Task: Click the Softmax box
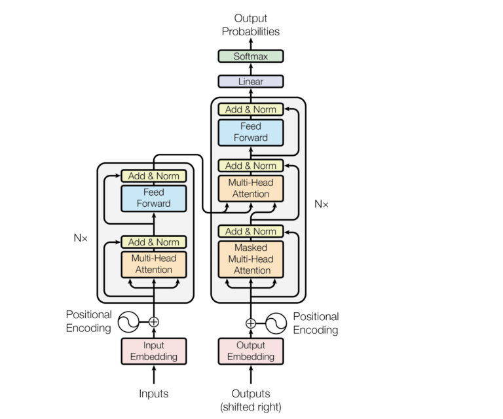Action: (251, 56)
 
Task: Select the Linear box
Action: (251, 82)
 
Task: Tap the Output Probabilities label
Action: (251, 25)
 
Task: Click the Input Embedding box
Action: (154, 351)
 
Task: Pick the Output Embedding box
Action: (251, 351)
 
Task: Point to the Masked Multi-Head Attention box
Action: (251, 259)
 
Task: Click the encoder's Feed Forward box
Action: (154, 198)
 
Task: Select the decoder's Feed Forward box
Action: (251, 132)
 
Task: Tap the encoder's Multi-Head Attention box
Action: (154, 264)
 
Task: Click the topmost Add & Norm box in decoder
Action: (251, 109)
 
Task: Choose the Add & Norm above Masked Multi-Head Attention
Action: (251, 231)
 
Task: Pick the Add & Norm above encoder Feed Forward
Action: (154, 175)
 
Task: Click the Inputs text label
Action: (154, 393)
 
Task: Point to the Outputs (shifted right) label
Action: (251, 400)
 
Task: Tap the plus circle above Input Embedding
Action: (154, 321)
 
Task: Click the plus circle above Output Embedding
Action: (251, 323)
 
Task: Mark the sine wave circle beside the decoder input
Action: (276, 323)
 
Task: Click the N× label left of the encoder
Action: (81, 238)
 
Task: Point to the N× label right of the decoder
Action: (322, 204)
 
